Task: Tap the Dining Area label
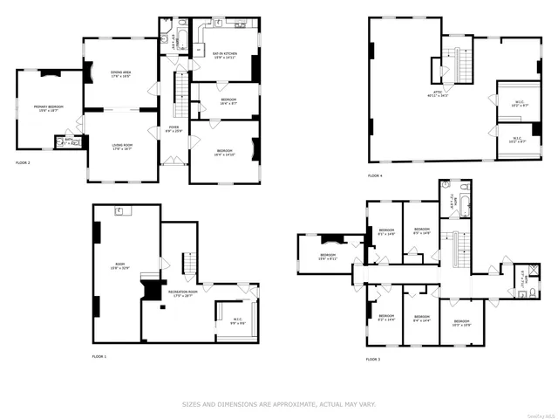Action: pyautogui.click(x=121, y=74)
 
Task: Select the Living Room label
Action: pyautogui.click(x=121, y=147)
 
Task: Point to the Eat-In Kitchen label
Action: pyautogui.click(x=225, y=55)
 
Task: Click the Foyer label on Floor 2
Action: pyautogui.click(x=174, y=129)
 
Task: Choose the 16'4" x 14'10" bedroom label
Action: pyautogui.click(x=223, y=153)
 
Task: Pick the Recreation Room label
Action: pyautogui.click(x=181, y=294)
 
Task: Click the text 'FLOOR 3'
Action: pyautogui.click(x=373, y=359)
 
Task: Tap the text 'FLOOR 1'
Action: pyautogui.click(x=99, y=356)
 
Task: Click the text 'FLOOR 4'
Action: pyautogui.click(x=374, y=176)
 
